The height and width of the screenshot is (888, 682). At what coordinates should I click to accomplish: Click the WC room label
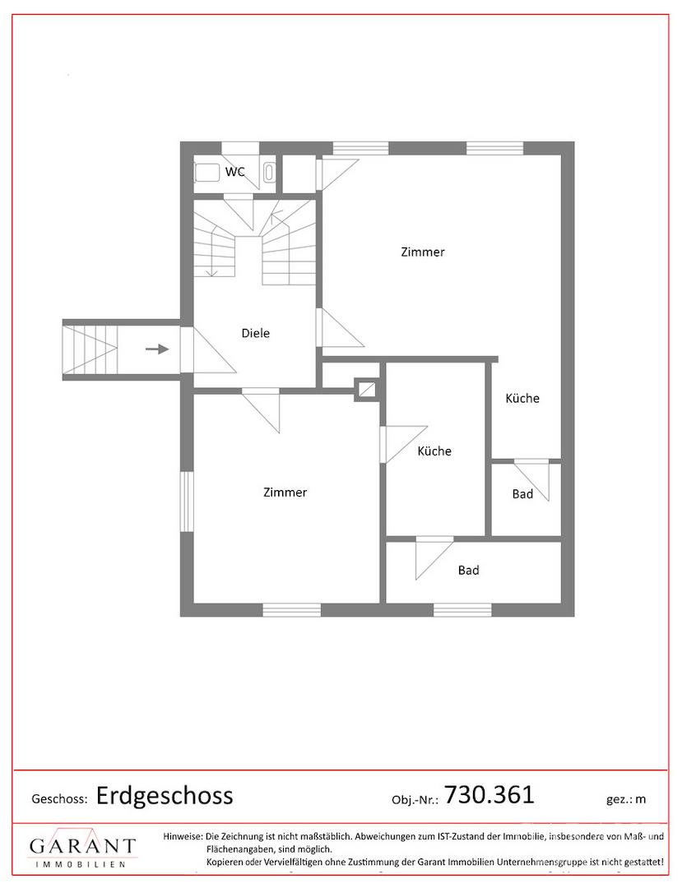pyautogui.click(x=235, y=172)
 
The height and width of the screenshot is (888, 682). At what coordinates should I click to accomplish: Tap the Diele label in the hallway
pyautogui.click(x=256, y=333)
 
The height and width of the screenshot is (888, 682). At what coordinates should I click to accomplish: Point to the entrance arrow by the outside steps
pyautogui.click(x=157, y=349)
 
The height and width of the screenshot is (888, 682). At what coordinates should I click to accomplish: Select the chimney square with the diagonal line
pyautogui.click(x=366, y=389)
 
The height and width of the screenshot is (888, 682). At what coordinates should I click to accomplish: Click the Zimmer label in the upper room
pyautogui.click(x=423, y=252)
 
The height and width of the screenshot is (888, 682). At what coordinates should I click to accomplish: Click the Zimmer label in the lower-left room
pyautogui.click(x=285, y=493)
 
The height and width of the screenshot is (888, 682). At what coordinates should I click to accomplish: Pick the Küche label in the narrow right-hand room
pyautogui.click(x=522, y=398)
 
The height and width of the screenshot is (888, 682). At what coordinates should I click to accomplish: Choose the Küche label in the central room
pyautogui.click(x=434, y=451)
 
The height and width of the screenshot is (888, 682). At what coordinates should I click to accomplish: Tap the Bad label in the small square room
pyautogui.click(x=522, y=494)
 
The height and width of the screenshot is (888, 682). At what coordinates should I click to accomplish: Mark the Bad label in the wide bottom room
pyautogui.click(x=468, y=571)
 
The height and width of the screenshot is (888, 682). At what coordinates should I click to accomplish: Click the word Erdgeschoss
pyautogui.click(x=165, y=796)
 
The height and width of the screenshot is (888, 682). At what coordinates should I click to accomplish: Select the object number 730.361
pyautogui.click(x=489, y=794)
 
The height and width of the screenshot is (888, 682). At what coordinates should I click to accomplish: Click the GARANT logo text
pyautogui.click(x=83, y=846)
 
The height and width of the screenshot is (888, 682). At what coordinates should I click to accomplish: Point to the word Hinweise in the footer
pyautogui.click(x=183, y=836)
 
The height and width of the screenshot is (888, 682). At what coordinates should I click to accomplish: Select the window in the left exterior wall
pyautogui.click(x=187, y=502)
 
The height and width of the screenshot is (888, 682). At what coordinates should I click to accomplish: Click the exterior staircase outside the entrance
pyautogui.click(x=90, y=349)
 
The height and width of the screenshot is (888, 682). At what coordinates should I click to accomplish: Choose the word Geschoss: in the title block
pyautogui.click(x=59, y=799)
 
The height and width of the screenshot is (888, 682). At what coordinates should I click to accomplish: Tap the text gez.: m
pyautogui.click(x=626, y=799)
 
